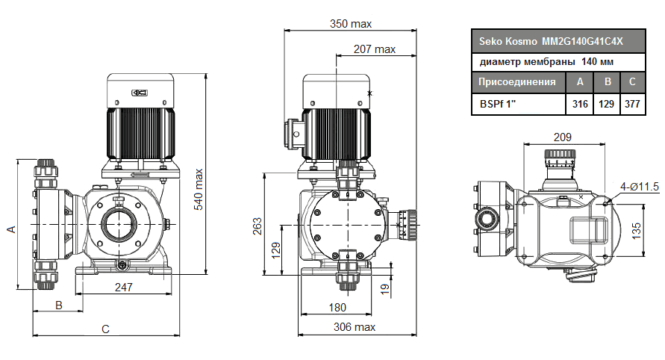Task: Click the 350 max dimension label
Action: tap(351, 24)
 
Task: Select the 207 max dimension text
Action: tap(375, 49)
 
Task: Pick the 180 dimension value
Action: tap(338, 308)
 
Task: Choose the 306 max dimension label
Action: tap(355, 327)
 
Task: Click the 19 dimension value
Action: tap(385, 288)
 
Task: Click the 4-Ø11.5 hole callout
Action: tap(639, 187)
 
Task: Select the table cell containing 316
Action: tap(579, 105)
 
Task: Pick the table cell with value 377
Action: tap(631, 105)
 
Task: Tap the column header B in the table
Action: tap(607, 82)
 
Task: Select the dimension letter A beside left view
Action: tap(11, 229)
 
